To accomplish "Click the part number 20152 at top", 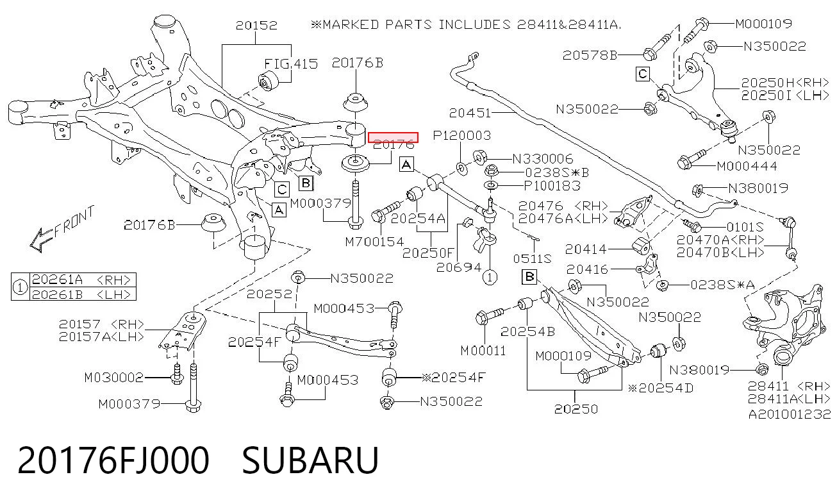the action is (x=256, y=25).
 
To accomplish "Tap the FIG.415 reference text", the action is (x=291, y=64).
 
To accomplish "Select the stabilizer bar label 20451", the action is (x=470, y=112).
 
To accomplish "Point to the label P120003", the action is (x=462, y=135).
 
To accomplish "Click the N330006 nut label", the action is (x=543, y=159).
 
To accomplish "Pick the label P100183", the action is (x=552, y=186).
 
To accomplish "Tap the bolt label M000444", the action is (x=747, y=166).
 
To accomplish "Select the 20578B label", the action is (x=590, y=55).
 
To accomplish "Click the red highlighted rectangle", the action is (x=393, y=137).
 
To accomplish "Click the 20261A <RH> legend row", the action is (x=81, y=280).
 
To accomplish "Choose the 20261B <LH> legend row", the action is (x=81, y=294).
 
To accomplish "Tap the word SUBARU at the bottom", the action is (x=310, y=460).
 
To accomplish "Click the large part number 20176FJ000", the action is (x=113, y=460).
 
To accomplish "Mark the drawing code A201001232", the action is (x=789, y=414).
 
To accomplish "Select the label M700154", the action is (x=374, y=242).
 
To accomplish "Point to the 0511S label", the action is (x=532, y=258).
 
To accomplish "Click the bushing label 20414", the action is (x=586, y=249).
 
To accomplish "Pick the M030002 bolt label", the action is (x=114, y=378).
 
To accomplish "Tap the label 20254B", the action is (x=527, y=331).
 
